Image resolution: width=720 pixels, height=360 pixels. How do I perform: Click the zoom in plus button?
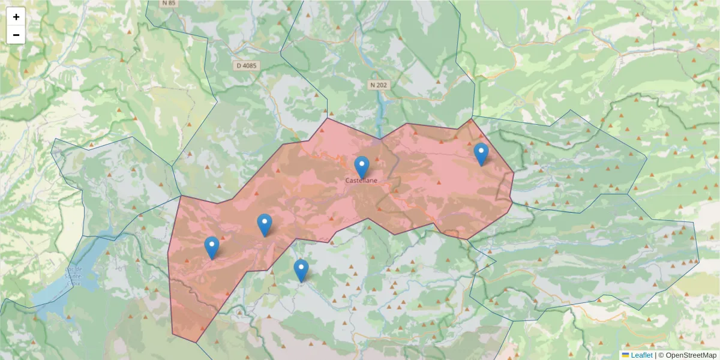(x=16, y=17)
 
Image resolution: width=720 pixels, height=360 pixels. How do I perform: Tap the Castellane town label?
(x=361, y=180)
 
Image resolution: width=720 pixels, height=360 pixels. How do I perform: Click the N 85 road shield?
(x=169, y=3)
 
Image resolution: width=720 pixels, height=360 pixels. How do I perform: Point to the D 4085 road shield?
(x=246, y=65)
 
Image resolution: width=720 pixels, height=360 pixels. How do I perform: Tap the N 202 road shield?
(x=379, y=85)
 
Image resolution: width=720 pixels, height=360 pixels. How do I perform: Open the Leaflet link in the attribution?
(x=641, y=355)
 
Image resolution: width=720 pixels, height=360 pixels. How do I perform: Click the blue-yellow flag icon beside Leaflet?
(x=626, y=355)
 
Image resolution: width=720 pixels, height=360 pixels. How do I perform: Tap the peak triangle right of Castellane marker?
(x=377, y=160)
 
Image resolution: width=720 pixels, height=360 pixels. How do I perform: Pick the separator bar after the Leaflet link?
(x=656, y=355)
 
